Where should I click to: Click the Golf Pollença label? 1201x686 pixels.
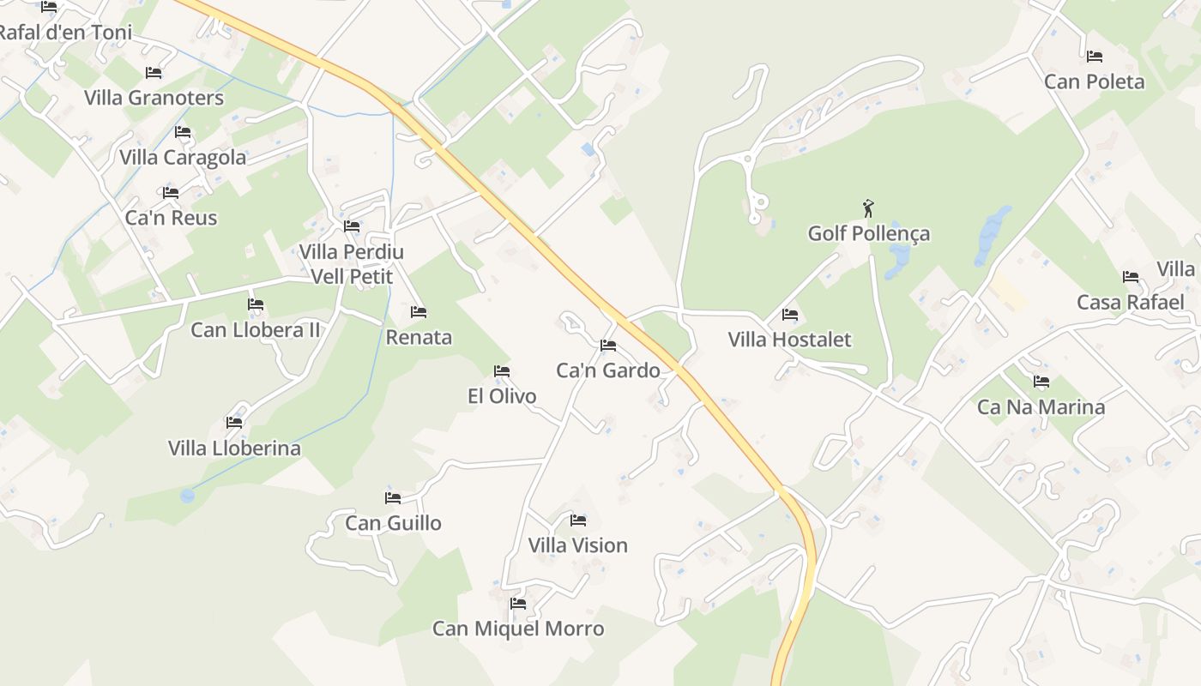tap(868, 233)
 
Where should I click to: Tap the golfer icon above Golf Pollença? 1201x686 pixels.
tap(868, 208)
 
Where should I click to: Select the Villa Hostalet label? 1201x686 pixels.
tap(789, 340)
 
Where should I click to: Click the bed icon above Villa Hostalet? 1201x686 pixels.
tap(790, 315)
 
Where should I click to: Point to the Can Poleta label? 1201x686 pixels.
tap(1094, 81)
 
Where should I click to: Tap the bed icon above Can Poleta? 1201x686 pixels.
tap(1094, 57)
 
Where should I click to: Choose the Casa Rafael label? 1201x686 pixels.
tap(1130, 302)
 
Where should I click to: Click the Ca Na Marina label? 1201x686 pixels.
tap(1041, 406)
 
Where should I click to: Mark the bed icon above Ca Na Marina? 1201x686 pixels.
tap(1041, 382)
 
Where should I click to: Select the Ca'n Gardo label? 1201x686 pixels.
tap(608, 370)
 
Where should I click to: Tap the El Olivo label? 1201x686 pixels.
tap(502, 396)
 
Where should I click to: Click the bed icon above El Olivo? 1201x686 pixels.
tap(502, 371)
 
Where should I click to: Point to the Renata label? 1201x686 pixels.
tap(419, 337)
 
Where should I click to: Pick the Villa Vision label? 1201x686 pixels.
tap(577, 545)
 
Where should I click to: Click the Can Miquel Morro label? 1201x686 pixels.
tap(517, 629)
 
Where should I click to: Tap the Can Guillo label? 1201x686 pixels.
tap(393, 523)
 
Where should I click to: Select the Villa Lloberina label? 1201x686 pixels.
tap(234, 448)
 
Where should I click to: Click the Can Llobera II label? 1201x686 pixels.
tap(255, 330)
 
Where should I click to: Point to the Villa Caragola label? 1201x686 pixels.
tap(183, 158)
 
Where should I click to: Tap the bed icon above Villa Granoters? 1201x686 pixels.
tap(154, 73)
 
